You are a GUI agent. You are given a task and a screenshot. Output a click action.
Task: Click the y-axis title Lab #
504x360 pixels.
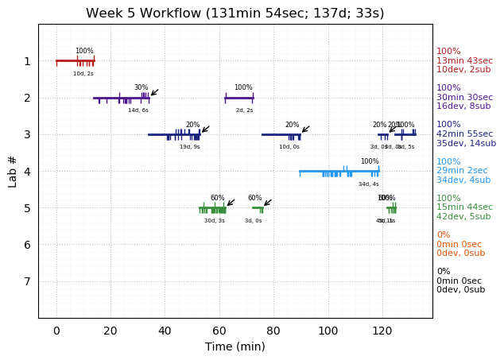[x=13, y=171]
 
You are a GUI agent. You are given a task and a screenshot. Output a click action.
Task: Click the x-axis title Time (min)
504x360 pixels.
[x=235, y=346]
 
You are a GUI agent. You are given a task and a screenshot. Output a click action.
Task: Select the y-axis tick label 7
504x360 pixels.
[x=27, y=281]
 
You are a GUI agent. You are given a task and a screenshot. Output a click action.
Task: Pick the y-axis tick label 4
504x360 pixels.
[x=27, y=171]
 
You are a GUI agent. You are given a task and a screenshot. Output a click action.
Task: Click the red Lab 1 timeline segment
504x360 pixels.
[x=75, y=61]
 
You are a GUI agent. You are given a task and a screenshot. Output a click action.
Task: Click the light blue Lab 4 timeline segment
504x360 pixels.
[x=339, y=171]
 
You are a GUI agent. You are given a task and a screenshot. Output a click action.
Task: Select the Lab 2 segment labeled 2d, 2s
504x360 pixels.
[x=238, y=98]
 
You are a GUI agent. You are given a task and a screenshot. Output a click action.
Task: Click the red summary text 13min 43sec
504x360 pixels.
[x=464, y=60]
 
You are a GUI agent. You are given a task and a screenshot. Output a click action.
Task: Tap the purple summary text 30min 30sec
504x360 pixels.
[x=464, y=97]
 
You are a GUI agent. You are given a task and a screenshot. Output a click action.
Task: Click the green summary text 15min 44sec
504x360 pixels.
[x=464, y=207]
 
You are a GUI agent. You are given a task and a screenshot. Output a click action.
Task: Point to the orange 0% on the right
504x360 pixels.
[x=443, y=235]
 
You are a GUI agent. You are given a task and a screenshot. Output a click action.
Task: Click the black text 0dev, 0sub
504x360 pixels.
[x=460, y=290]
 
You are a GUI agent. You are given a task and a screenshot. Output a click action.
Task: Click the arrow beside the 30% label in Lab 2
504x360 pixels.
[x=154, y=92]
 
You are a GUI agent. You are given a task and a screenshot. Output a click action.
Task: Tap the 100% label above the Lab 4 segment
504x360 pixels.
[x=370, y=161]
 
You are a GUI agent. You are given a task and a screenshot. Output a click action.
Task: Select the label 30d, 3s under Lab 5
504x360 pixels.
[x=214, y=220]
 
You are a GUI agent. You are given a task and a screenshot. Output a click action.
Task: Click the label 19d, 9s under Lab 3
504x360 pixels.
[x=189, y=146]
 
